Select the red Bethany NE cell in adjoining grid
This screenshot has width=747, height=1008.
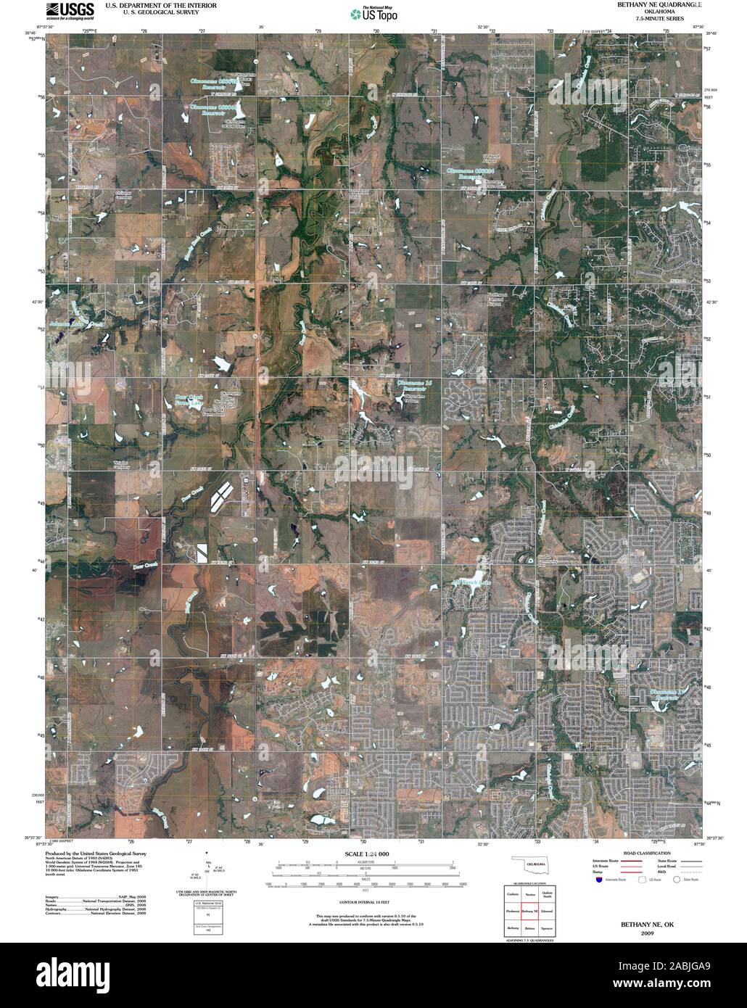point(531,910)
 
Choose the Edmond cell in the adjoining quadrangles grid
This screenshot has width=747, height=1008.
point(548,910)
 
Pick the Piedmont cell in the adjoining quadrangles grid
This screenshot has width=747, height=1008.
point(513,910)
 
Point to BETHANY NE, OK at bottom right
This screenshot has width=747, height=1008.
point(647,925)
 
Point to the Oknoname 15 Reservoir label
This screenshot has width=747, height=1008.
point(412,385)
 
